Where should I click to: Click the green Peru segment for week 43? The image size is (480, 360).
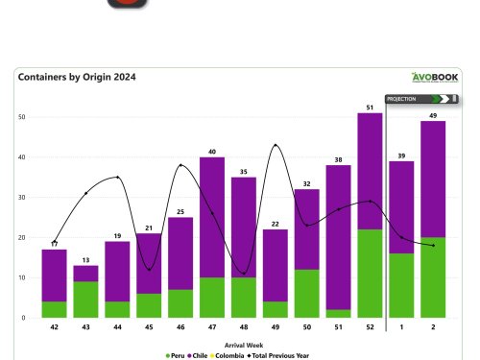pyautogui.click(x=85, y=299)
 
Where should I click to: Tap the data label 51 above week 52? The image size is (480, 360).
pyautogui.click(x=370, y=106)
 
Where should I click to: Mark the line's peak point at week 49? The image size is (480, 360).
pyautogui.click(x=276, y=145)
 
